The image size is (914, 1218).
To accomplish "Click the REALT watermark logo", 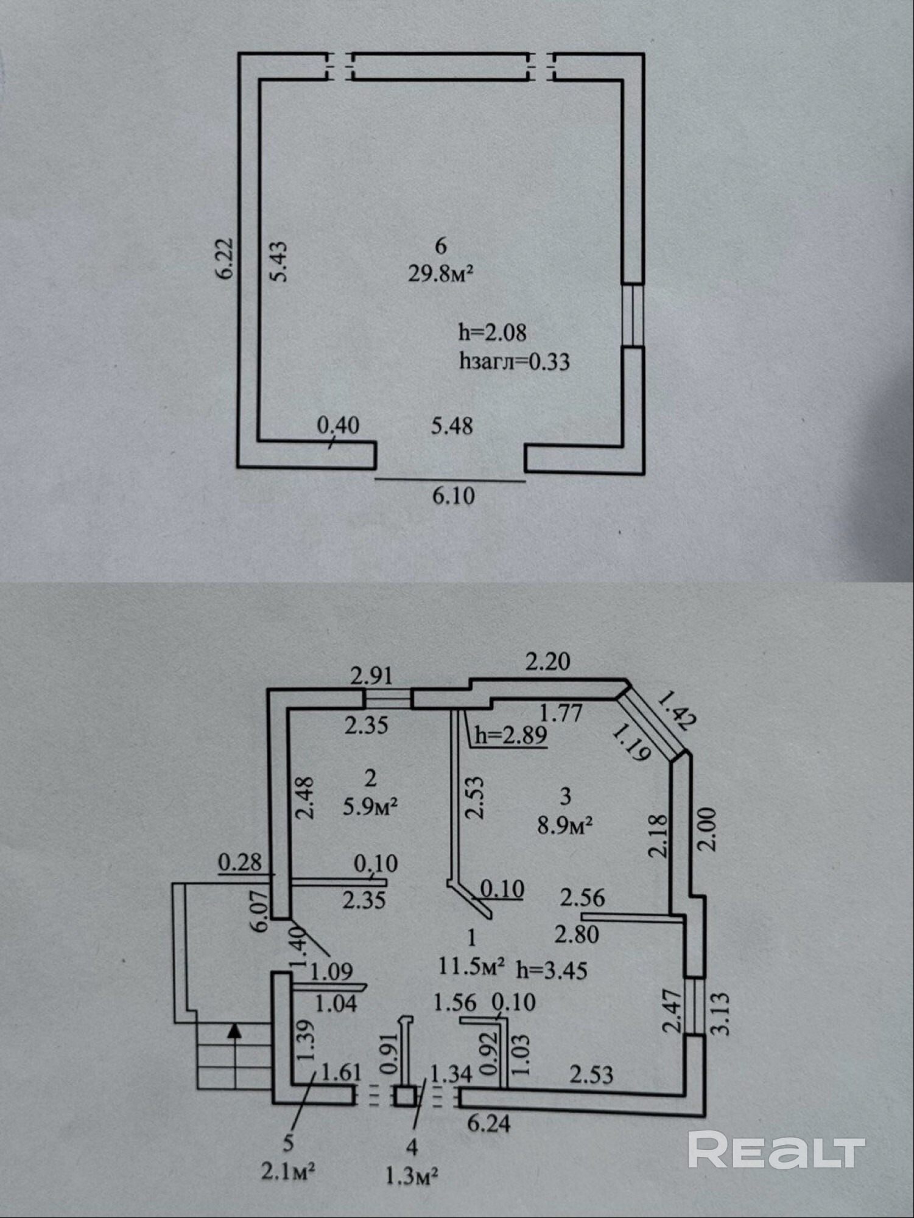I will (776, 1148).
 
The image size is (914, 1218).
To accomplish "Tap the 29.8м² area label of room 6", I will (441, 274).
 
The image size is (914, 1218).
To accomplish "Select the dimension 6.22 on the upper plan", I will (225, 258).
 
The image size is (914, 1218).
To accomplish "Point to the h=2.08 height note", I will (492, 332).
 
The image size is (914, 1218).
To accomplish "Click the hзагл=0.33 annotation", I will (515, 362).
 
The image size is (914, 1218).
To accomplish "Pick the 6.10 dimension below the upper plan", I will (453, 496).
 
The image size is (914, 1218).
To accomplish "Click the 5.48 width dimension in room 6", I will (452, 426).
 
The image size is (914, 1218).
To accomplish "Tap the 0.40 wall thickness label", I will (339, 425).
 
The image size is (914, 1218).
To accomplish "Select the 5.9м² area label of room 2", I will (371, 807).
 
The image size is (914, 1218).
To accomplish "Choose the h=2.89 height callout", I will (511, 735).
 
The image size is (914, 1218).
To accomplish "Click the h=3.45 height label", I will (552, 970).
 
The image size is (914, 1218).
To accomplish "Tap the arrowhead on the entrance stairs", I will (234, 1029).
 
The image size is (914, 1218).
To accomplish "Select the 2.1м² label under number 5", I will (288, 1171).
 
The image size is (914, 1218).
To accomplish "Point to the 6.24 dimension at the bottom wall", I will (489, 1123).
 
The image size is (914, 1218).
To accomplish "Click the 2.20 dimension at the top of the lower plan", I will (548, 662).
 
